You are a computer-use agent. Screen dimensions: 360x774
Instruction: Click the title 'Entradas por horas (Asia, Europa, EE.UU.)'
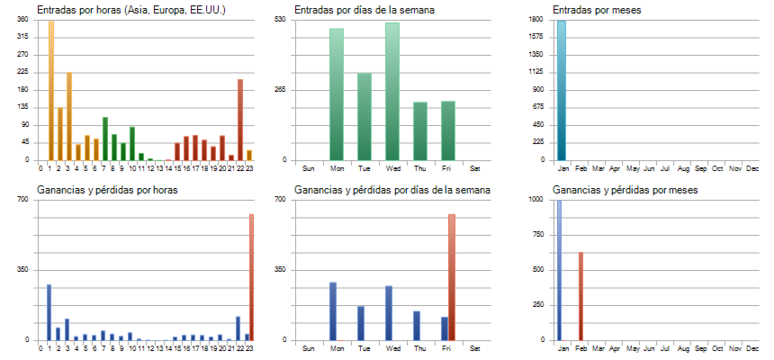(x=131, y=10)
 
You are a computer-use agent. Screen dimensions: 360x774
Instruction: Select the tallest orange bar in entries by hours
(x=51, y=90)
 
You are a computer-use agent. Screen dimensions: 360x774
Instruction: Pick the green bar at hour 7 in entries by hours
(x=105, y=139)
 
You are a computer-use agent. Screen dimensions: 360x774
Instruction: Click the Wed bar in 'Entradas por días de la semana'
(x=391, y=91)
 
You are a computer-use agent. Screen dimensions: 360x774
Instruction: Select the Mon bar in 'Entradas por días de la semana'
(x=336, y=94)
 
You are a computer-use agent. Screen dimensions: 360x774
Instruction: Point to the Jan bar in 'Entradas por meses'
(x=562, y=90)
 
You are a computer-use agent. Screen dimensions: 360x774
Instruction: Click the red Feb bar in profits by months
(x=580, y=296)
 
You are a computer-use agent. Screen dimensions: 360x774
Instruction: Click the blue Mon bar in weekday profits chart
(x=333, y=311)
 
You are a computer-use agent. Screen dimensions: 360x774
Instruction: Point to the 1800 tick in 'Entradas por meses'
(x=535, y=19)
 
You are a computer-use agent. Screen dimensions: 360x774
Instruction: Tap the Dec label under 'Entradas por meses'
(x=753, y=168)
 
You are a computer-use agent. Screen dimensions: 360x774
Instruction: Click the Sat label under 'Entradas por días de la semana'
(x=475, y=168)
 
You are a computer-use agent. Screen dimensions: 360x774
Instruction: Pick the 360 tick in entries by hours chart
(x=22, y=19)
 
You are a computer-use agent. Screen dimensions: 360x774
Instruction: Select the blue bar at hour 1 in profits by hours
(x=49, y=312)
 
